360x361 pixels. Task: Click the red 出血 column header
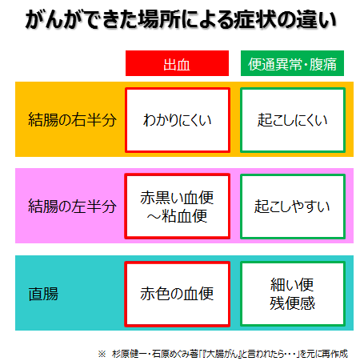click(177, 63)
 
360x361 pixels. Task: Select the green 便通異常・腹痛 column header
click(292, 63)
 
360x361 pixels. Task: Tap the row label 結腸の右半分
click(72, 119)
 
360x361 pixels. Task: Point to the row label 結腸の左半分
click(72, 206)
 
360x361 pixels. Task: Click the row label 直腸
click(43, 294)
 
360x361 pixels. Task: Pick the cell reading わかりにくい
click(178, 120)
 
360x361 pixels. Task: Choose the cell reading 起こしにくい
click(293, 120)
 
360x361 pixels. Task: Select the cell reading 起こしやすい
click(293, 207)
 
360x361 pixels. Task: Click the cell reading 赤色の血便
click(178, 294)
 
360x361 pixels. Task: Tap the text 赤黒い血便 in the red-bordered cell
click(177, 198)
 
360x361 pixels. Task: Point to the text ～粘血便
click(177, 216)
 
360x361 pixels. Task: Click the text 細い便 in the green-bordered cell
click(292, 285)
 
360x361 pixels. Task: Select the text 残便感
click(292, 303)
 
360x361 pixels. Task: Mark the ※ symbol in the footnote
click(102, 354)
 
